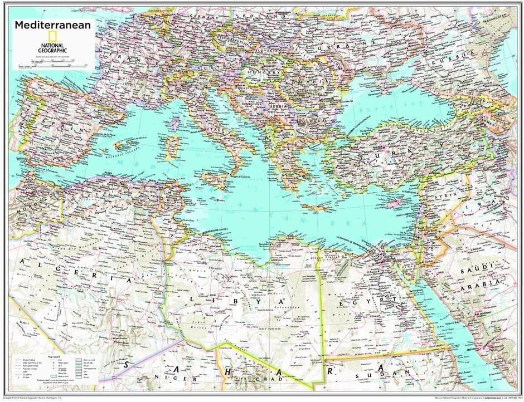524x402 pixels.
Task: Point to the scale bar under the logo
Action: coord(54,66)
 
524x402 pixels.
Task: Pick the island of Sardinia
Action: coord(173,146)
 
